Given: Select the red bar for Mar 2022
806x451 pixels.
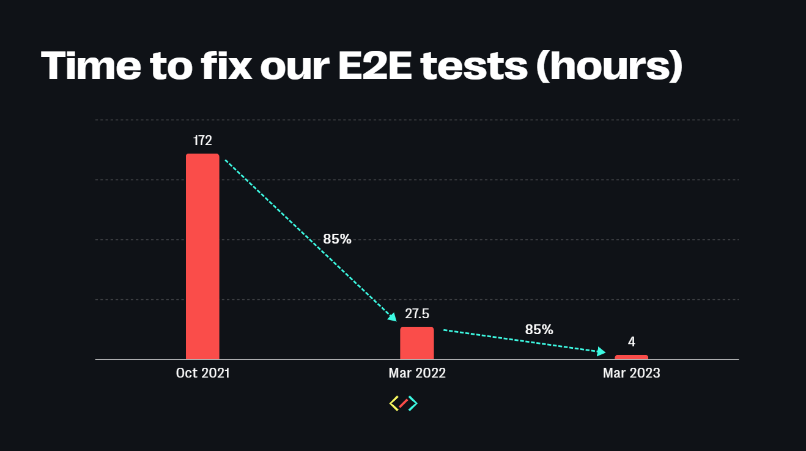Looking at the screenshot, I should coord(417,343).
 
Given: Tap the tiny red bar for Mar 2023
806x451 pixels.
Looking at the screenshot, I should coord(631,357).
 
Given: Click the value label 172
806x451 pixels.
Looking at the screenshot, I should coord(202,141).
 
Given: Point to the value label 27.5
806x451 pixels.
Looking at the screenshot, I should coord(417,314).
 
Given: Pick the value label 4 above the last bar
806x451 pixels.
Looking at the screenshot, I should coord(631,342).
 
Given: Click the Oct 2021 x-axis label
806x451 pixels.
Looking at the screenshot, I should coord(202,373).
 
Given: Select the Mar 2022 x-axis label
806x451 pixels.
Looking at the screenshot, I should coord(417,373).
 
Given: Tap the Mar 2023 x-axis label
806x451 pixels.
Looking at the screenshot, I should coord(631,373).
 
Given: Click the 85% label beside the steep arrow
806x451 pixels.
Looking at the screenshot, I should coord(337,239).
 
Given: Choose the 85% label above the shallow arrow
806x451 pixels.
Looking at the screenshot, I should coord(539,329).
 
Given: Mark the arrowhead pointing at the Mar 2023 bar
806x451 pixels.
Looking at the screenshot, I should coord(601,351).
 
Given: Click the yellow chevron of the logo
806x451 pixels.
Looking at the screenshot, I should coord(394,403).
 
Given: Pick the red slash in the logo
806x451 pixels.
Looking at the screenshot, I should coord(404,403).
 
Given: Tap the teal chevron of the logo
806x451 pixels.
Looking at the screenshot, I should coord(413,403).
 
